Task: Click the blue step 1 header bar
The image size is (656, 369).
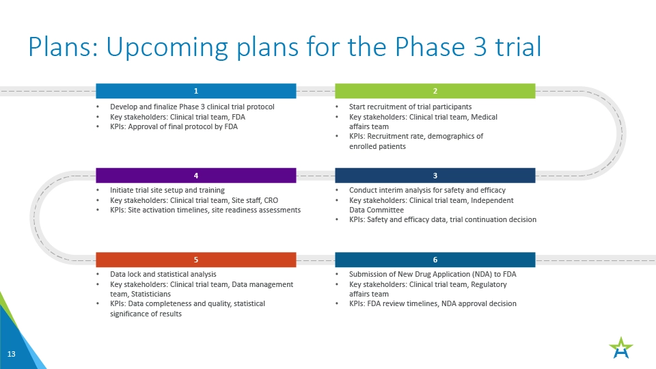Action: (x=196, y=91)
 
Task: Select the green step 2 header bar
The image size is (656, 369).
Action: (x=435, y=91)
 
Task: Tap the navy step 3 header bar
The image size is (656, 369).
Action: (x=435, y=176)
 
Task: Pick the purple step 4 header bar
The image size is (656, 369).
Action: (x=196, y=176)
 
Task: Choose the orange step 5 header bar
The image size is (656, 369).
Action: (x=196, y=260)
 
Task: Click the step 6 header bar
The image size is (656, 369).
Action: (x=435, y=260)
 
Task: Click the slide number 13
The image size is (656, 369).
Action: (x=12, y=354)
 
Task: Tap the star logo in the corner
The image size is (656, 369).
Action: (x=621, y=348)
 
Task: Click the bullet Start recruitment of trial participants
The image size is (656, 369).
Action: (x=411, y=107)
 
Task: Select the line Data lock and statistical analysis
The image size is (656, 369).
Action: (x=163, y=274)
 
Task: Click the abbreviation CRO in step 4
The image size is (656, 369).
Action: (x=271, y=200)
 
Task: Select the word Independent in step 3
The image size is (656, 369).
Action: (x=493, y=200)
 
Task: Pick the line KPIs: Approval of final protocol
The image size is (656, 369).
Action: (x=174, y=127)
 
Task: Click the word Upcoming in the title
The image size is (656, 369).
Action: (x=167, y=48)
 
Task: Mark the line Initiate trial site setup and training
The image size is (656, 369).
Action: (x=167, y=190)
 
